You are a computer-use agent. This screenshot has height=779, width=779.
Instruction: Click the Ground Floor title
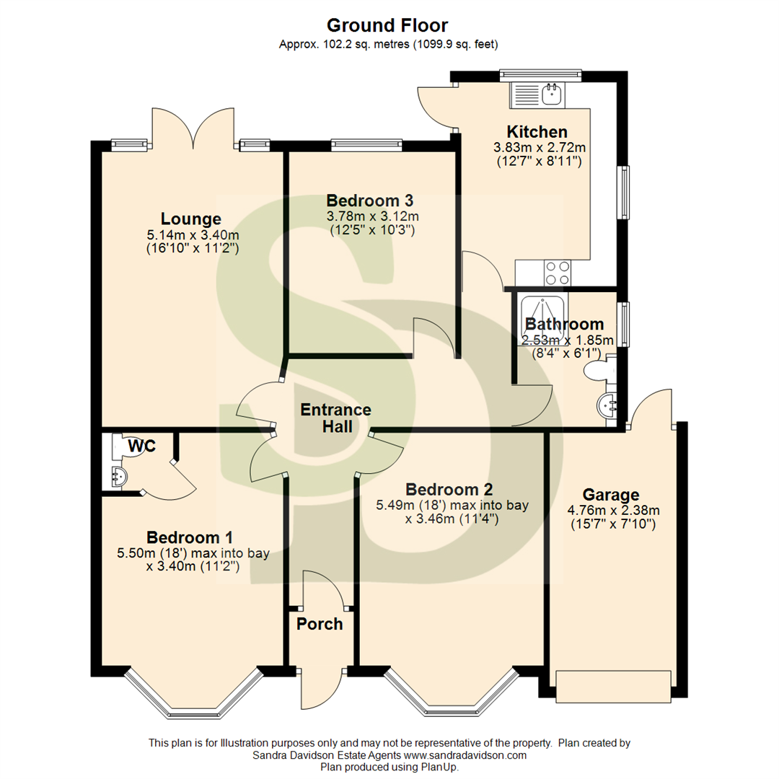tap(387, 26)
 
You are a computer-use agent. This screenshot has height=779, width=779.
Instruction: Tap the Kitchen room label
tap(537, 132)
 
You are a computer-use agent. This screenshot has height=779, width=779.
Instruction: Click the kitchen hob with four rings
tap(558, 273)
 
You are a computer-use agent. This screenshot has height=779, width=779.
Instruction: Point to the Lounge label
tap(190, 219)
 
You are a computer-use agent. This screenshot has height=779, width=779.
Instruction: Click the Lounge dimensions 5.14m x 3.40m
tap(193, 234)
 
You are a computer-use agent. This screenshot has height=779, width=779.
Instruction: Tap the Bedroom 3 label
tap(369, 200)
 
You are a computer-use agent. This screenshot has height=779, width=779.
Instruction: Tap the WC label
tap(142, 446)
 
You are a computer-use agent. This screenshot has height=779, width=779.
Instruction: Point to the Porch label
tap(320, 623)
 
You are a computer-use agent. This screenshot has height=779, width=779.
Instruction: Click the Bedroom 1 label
tap(190, 537)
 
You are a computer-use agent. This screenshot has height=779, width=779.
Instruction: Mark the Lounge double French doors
tap(193, 128)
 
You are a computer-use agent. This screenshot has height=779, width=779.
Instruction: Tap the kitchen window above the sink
tap(541, 72)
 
